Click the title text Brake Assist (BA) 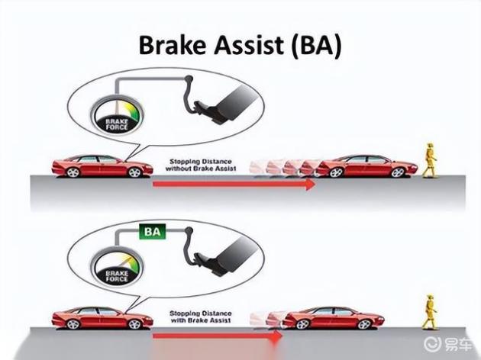coord(240,46)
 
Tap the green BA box coord(153,232)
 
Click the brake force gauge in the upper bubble coord(117,116)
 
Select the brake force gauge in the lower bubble coord(117,266)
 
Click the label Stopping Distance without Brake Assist coord(201,165)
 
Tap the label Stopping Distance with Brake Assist coord(201,317)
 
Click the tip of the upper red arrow coord(315,185)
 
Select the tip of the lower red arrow coord(282,336)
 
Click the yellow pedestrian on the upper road coord(429,159)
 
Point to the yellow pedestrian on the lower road coord(430,312)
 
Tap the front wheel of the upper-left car coord(134,172)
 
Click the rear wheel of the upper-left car coord(73,172)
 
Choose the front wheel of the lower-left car coord(134,324)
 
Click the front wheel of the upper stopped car coord(398,172)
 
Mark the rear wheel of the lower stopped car coord(303,324)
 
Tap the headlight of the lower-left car coord(148,319)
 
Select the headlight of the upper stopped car coord(412,167)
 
